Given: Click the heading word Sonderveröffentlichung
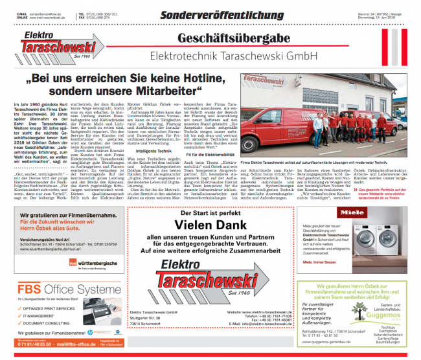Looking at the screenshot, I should click(x=210, y=13).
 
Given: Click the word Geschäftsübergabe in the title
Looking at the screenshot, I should click(x=235, y=39).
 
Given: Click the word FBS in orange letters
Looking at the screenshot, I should click(x=30, y=287).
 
